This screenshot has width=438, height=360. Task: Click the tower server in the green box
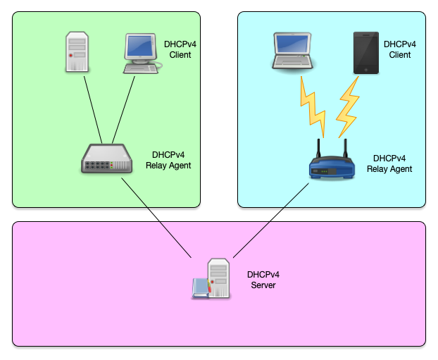click(78, 51)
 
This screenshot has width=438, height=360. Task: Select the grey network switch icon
click(106, 159)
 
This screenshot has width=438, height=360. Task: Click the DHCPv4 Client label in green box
click(180, 49)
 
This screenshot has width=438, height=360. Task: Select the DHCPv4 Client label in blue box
click(399, 49)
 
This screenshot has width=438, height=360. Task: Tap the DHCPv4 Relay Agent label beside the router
click(389, 163)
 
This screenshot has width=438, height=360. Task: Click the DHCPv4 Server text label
click(263, 280)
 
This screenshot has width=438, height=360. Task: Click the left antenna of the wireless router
click(318, 149)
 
